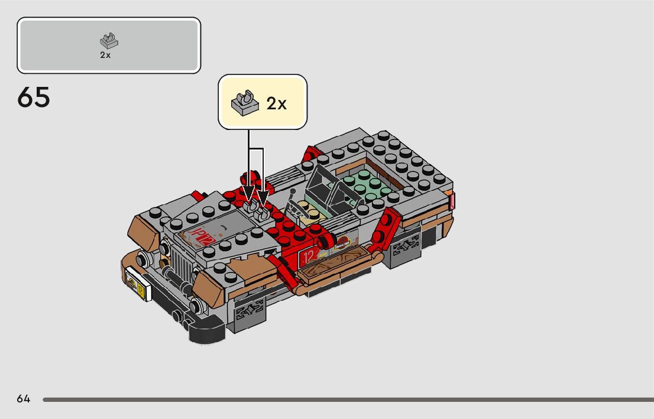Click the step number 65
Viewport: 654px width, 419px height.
[34, 98]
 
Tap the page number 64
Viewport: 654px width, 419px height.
[24, 399]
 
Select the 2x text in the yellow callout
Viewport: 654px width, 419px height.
[276, 103]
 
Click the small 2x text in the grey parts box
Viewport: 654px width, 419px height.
[105, 55]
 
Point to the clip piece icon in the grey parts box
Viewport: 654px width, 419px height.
[108, 40]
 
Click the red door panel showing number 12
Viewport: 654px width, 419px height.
[309, 256]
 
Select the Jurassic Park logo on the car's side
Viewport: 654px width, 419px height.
[342, 242]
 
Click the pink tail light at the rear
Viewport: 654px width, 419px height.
[452, 202]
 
